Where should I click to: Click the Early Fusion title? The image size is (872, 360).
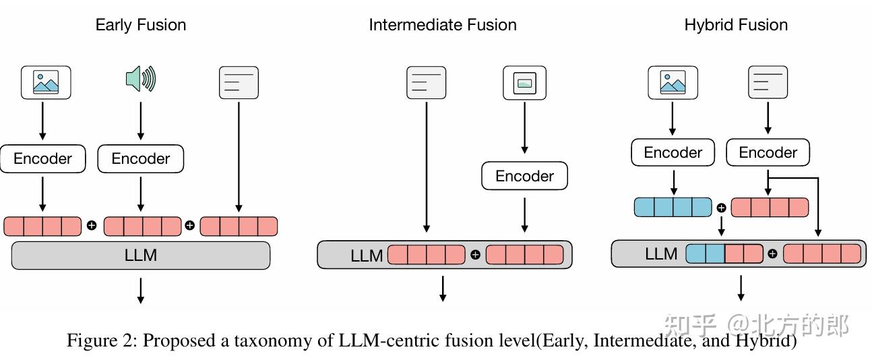[x=141, y=25]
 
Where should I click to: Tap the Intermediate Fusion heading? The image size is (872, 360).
[x=443, y=25]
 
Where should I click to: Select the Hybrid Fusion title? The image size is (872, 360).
[x=736, y=25]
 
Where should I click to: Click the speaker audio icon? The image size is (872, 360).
[x=141, y=79]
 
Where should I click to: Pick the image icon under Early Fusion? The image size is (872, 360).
[x=46, y=82]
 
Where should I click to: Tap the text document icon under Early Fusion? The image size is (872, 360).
[x=239, y=82]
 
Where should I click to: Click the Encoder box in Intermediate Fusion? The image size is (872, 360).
[x=524, y=176]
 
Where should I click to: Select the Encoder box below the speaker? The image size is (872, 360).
[x=141, y=158]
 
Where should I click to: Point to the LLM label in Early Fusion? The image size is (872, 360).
[x=141, y=256]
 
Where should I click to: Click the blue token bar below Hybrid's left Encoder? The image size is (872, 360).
[x=673, y=207]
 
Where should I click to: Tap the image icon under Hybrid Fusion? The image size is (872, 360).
[x=673, y=82]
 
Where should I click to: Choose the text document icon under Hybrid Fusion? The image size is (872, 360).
[x=768, y=82]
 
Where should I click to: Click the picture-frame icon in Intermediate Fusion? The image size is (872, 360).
[x=524, y=83]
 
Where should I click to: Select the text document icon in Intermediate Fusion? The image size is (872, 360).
[x=427, y=82]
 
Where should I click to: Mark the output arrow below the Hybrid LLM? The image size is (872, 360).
[x=741, y=288]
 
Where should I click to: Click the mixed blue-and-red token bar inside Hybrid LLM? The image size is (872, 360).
[x=724, y=254]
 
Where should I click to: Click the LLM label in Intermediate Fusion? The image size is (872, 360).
[x=367, y=256]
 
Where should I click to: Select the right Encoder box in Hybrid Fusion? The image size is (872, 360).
[x=768, y=152]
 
